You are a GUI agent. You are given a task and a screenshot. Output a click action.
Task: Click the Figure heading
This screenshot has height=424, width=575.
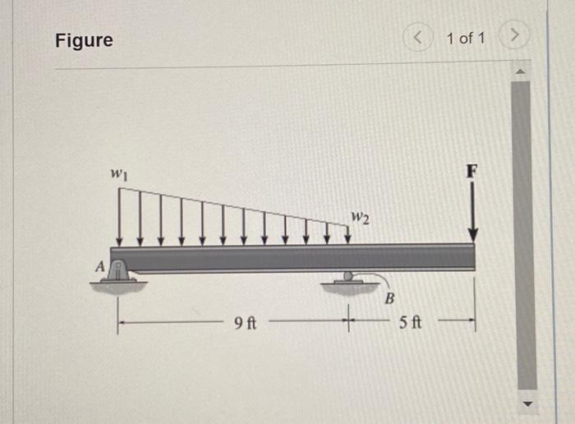pos(84,40)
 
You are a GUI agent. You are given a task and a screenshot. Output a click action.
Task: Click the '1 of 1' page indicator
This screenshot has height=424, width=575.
pos(466,39)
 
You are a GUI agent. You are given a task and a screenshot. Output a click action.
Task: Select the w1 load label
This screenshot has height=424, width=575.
pos(119,174)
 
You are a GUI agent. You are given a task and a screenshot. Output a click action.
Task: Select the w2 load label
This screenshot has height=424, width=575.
pos(360,219)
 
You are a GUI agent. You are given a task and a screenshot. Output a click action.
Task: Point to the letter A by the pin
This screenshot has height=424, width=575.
pos(99,266)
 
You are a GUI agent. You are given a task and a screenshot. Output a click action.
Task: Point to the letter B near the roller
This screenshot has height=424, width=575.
pos(390,297)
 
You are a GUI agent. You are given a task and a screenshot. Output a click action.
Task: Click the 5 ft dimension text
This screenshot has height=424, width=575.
pos(411,323)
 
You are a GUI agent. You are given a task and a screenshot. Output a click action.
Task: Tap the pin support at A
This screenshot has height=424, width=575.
pos(120,274)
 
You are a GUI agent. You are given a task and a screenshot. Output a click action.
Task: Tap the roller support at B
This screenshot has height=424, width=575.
pos(348,281)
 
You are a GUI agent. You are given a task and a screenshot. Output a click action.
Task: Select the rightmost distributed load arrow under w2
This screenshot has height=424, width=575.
pos(347,233)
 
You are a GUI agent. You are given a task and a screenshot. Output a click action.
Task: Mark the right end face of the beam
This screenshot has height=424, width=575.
pos(475,257)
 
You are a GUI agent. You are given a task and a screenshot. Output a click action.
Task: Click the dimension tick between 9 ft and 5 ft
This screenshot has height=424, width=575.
pos(348,315)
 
